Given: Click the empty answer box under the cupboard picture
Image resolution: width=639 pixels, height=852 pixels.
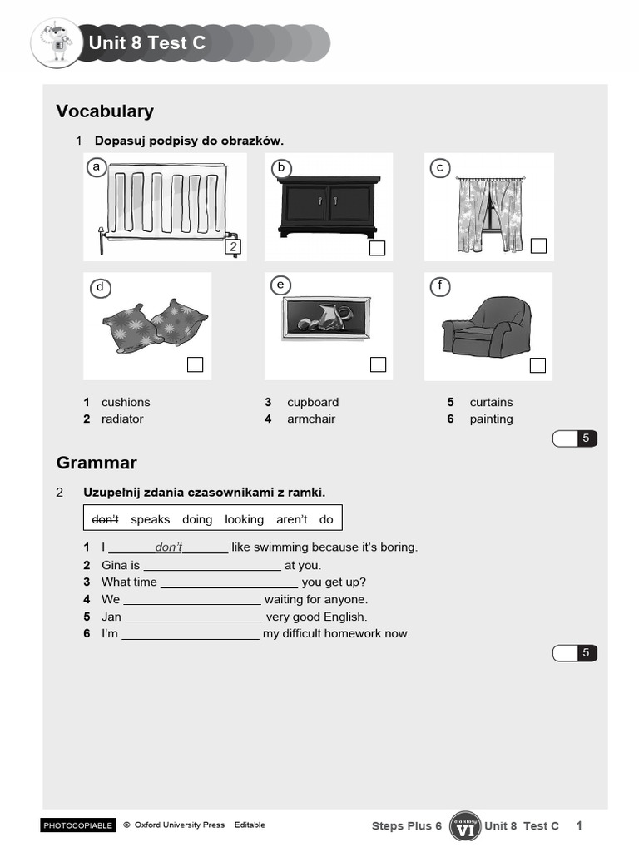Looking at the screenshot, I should (x=377, y=248).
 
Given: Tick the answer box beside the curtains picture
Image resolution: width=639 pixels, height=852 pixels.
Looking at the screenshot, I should (x=538, y=245).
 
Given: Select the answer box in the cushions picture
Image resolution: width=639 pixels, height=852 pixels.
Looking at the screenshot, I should (x=196, y=364).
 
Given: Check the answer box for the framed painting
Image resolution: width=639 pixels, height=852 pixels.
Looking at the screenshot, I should (x=378, y=364).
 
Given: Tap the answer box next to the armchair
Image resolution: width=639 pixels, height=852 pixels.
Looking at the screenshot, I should (x=538, y=364).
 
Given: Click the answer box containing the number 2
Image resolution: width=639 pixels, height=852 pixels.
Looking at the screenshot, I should (x=234, y=247).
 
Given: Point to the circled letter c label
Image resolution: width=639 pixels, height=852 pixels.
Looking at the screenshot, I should (x=439, y=168).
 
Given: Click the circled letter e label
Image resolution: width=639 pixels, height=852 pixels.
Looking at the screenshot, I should (x=280, y=285).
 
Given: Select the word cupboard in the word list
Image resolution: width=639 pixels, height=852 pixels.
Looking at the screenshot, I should (x=313, y=402).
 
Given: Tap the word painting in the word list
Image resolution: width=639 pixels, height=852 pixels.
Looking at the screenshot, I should (x=491, y=419).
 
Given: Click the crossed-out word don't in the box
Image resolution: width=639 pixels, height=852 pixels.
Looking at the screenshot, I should (x=106, y=519).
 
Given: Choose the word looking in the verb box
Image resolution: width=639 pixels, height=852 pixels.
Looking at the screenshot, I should (x=244, y=519).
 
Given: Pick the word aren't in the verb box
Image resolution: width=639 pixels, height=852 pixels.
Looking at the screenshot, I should (x=292, y=519).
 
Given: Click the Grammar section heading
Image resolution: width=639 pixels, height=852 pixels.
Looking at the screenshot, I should (x=97, y=463).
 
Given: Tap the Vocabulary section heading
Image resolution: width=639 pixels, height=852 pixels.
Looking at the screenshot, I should (x=105, y=111).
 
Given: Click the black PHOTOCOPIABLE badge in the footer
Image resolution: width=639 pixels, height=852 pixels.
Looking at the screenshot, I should (x=77, y=825).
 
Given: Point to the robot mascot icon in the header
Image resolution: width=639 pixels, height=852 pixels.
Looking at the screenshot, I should (x=57, y=43).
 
